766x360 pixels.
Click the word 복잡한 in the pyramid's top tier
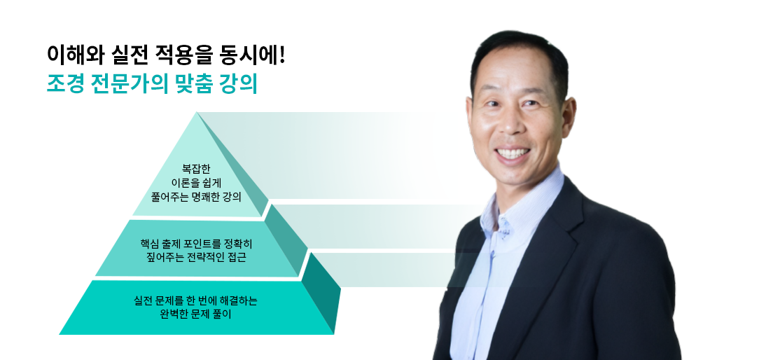click(x=196, y=168)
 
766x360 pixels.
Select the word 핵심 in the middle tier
click(x=151, y=244)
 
